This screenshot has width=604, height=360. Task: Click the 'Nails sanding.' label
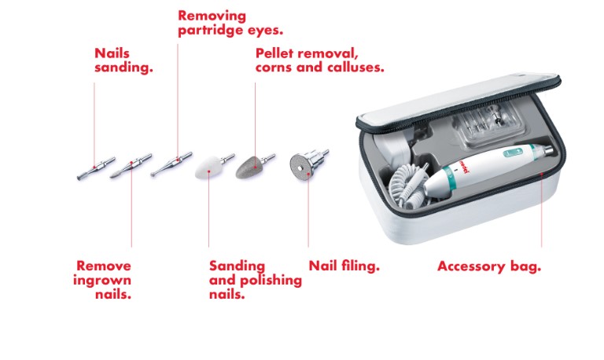[x=123, y=60]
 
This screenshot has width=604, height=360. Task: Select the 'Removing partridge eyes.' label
[x=230, y=23]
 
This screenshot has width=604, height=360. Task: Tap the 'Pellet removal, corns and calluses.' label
[x=320, y=60]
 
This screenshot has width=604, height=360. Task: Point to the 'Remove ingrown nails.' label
[x=102, y=280]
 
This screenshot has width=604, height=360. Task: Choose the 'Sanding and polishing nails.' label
[x=256, y=280]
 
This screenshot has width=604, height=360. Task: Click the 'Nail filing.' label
[x=344, y=266]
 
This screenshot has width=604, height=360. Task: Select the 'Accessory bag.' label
[x=489, y=266]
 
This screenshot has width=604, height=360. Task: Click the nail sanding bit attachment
[x=96, y=168]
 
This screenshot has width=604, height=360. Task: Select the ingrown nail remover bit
[x=131, y=166]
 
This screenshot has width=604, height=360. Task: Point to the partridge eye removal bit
[x=171, y=164]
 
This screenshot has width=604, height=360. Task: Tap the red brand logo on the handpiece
[x=462, y=170]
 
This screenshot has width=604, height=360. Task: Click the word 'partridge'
[x=211, y=31]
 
